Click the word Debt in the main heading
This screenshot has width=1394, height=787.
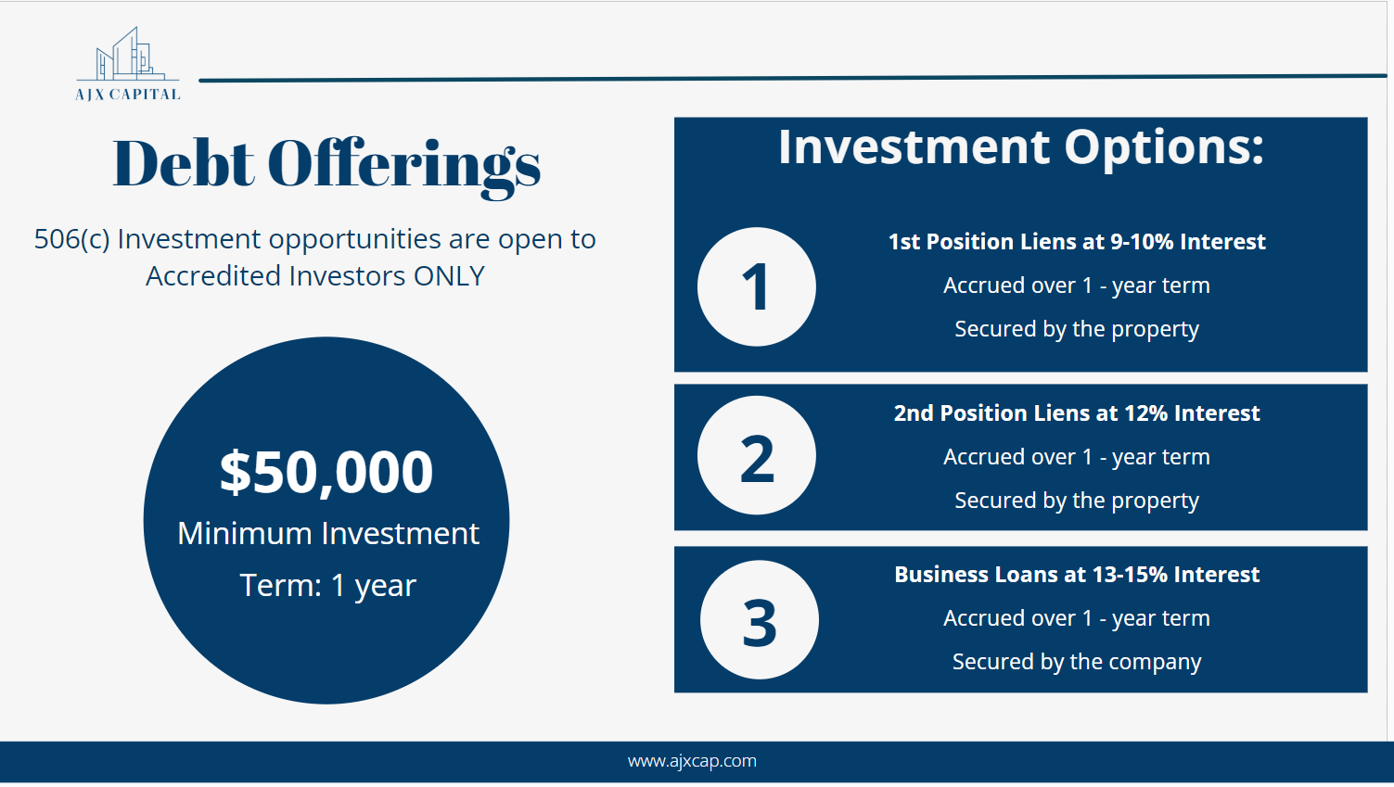point(184,163)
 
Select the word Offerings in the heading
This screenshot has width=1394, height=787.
point(403,167)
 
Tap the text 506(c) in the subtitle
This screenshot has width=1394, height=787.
point(71,239)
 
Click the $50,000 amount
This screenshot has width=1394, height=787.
point(326,473)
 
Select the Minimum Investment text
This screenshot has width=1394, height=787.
point(328,534)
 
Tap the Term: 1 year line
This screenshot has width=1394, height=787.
point(328,586)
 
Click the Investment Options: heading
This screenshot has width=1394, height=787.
point(1020,149)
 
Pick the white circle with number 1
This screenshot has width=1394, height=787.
point(757,286)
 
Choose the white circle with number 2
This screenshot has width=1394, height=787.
point(757,455)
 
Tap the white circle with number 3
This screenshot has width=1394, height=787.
point(760,619)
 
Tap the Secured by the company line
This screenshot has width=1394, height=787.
point(1077,662)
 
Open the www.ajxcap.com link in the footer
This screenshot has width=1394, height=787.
point(692,761)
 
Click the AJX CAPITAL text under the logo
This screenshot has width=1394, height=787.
point(128,95)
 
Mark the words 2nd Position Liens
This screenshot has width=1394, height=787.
point(993,413)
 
